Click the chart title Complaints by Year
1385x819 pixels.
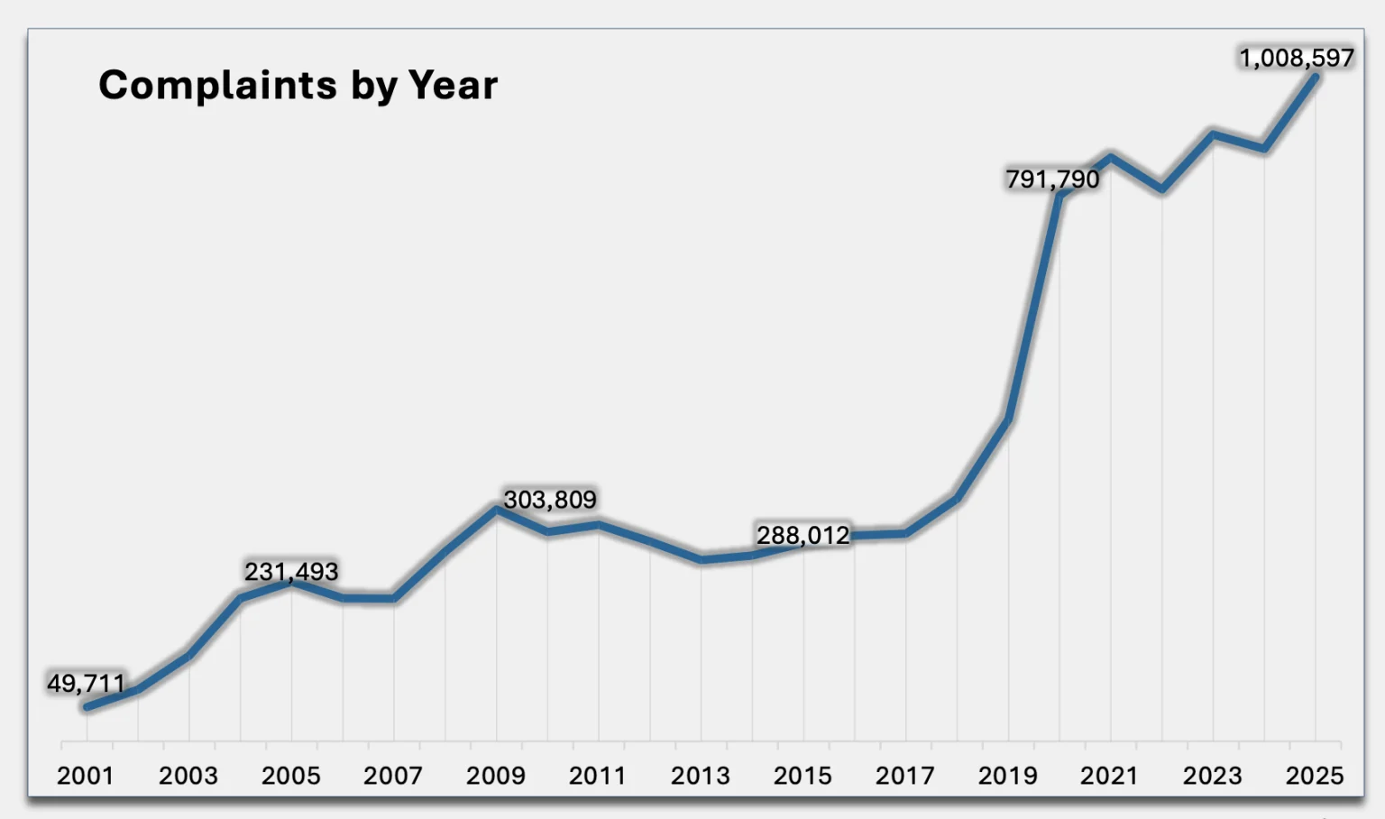298,86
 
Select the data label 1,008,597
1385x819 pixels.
1296,59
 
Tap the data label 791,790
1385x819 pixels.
1052,179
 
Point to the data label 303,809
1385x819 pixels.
550,500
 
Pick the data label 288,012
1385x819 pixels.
803,536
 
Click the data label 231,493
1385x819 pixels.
291,572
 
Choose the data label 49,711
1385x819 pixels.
86,684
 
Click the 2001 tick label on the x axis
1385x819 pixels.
86,776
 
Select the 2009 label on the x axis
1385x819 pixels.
495,776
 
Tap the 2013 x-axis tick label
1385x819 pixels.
701,776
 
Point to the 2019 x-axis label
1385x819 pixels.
1008,776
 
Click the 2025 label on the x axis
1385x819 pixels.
1315,776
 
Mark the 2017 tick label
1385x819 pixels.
905,776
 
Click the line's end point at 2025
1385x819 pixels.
1315,78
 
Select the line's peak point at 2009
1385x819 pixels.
496,510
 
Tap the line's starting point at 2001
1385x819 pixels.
87,707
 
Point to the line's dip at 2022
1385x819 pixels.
1162,189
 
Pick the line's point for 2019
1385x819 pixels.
1008,419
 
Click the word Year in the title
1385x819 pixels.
453,86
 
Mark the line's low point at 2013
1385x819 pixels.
702,560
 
